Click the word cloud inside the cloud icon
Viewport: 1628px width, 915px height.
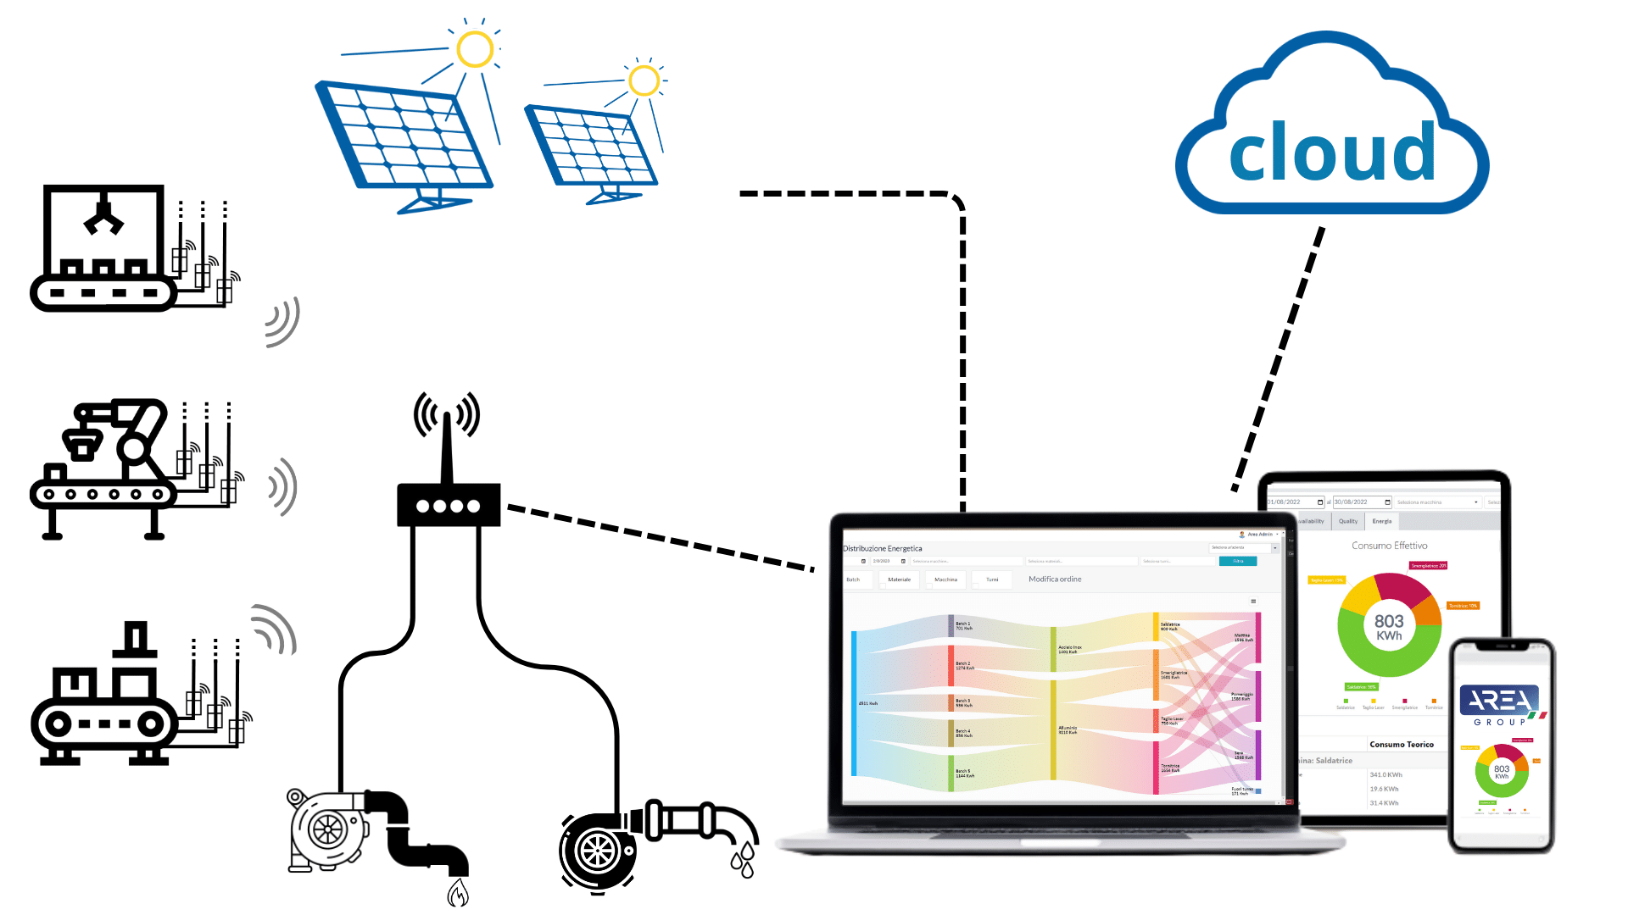(x=1331, y=152)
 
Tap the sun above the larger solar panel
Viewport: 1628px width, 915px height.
(x=475, y=49)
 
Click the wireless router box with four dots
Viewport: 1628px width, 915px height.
(x=449, y=505)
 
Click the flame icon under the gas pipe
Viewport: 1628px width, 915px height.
(x=458, y=892)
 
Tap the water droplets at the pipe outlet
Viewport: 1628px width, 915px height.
(x=743, y=860)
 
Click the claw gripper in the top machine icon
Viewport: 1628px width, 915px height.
(x=103, y=216)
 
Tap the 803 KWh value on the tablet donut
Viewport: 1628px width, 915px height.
(x=1389, y=627)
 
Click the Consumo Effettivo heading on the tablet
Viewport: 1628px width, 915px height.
(x=1389, y=546)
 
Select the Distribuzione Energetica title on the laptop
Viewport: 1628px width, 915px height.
(x=883, y=548)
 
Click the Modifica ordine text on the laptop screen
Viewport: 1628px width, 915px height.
(x=1055, y=579)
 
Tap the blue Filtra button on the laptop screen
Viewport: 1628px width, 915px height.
(x=1237, y=561)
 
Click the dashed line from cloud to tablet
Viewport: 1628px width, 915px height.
(x=1280, y=356)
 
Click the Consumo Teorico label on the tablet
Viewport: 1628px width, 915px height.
(x=1401, y=745)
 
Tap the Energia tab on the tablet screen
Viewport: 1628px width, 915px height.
(x=1381, y=521)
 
